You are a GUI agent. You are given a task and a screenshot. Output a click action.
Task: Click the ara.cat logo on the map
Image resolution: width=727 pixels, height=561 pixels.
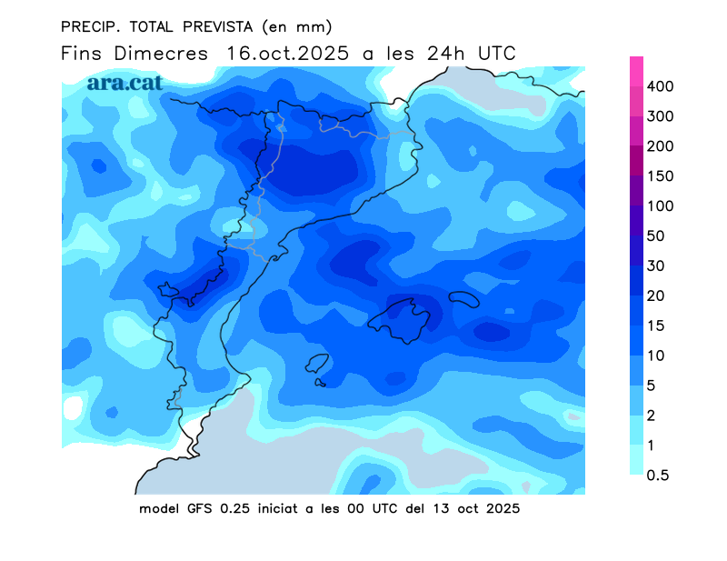click(124, 82)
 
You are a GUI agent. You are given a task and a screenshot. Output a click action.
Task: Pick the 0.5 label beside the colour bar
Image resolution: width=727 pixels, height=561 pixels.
click(668, 475)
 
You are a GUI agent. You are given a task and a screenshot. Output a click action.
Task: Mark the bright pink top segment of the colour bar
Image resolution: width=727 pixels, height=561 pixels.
click(637, 71)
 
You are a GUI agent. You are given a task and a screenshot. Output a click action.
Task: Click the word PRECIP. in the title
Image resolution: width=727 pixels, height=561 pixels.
click(90, 25)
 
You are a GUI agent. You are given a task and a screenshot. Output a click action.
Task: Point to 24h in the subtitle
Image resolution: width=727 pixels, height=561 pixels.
click(448, 54)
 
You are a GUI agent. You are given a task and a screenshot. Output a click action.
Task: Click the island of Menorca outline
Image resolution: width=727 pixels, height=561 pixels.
click(463, 299)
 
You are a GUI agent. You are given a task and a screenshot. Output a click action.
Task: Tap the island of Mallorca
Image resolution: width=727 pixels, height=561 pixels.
click(405, 319)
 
